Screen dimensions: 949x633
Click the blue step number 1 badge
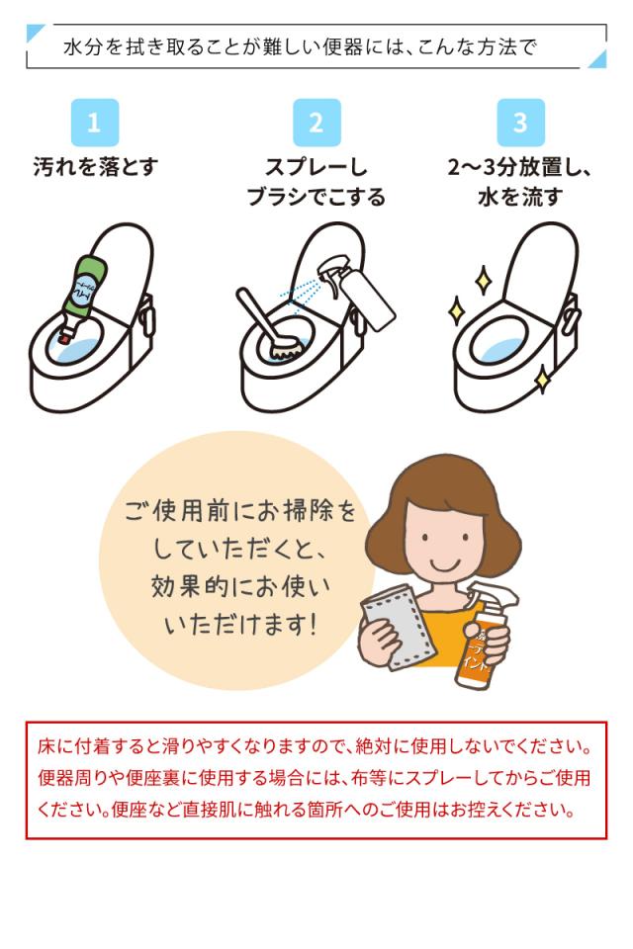coord(95,123)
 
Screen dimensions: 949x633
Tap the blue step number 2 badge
coord(316,123)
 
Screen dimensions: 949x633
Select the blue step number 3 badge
coord(520,123)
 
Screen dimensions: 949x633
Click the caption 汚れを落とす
coord(95,166)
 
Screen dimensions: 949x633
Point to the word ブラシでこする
coord(316,197)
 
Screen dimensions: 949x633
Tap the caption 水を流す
coord(520,197)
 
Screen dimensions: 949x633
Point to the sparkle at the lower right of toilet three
coord(542,378)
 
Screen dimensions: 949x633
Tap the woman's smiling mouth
coord(442,562)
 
